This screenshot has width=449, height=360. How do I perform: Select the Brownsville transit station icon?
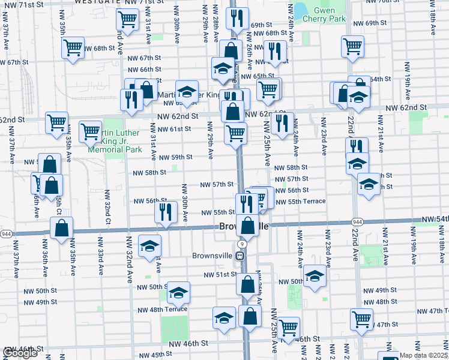pos(240,255)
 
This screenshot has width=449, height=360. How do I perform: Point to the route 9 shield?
pos(241,244)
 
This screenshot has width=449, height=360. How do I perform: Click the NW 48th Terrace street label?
pos(163,310)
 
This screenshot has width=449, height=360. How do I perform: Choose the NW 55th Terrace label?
pos(300,202)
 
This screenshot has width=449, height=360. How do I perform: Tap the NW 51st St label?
pos(221,275)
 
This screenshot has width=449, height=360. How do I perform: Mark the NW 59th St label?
pos(176,157)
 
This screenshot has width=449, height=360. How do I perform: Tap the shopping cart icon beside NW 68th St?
pos(73,47)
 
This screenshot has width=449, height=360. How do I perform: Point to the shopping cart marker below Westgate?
pos(127,20)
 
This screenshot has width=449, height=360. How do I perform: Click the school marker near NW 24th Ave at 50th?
pos(314,275)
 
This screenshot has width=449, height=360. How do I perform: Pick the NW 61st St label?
pos(175,129)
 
